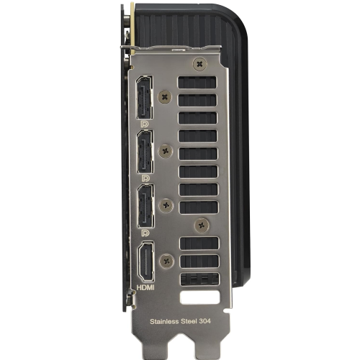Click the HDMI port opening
coord(146,261)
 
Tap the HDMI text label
coord(145,287)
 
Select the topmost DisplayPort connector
coord(145,97)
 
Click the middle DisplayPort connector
coord(145,151)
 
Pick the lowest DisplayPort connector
coord(145,206)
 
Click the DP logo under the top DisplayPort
coord(145,124)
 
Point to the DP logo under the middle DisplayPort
coord(145,178)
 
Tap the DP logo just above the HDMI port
coord(145,233)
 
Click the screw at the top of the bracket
coord(199,64)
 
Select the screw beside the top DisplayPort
coord(165,97)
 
